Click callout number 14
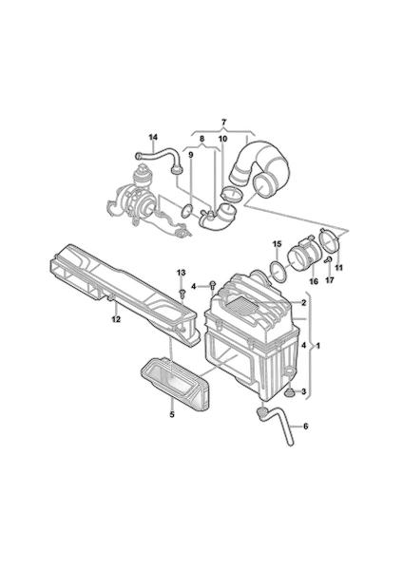coord(153,137)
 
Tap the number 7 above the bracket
coord(223,122)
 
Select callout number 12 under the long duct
coord(116,319)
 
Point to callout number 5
coord(172,414)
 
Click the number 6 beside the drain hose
coord(305,426)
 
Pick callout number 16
coord(313,281)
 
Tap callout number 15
coord(277,243)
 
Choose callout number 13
coord(182,273)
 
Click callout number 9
coord(191,155)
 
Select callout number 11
coord(339,268)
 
